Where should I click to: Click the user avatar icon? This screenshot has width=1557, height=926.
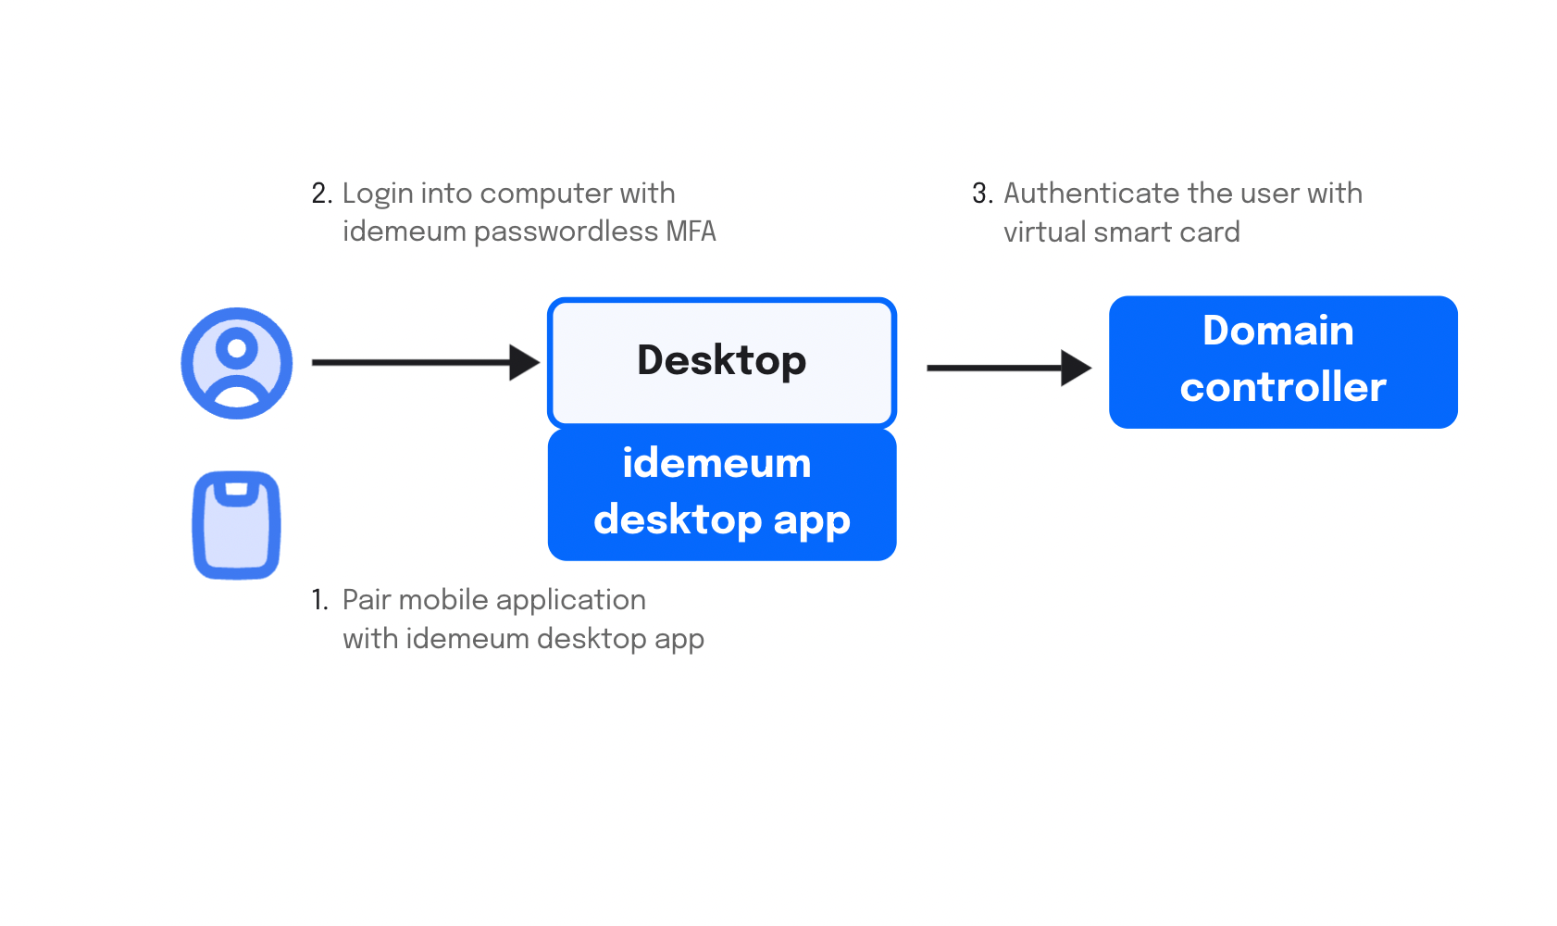[236, 363]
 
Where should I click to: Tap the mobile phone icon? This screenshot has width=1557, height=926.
[236, 525]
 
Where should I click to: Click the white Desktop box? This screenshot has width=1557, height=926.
[721, 362]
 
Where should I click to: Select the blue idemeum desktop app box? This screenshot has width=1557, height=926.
[721, 494]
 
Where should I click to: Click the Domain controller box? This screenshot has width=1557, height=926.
[1283, 361]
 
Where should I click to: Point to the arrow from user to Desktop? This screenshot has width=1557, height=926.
[426, 362]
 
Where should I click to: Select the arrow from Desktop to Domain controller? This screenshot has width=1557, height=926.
[1009, 368]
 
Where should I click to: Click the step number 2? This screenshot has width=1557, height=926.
[322, 194]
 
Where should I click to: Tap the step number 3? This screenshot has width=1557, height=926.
[982, 194]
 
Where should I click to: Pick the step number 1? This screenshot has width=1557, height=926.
[319, 599]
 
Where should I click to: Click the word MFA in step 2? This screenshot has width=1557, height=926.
[691, 231]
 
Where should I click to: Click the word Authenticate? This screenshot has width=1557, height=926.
[1091, 194]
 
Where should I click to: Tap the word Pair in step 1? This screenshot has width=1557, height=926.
[367, 600]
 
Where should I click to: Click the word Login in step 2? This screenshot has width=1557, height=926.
[378, 194]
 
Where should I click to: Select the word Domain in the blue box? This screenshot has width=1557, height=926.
[1278, 331]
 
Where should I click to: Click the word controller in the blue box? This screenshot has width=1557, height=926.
[1283, 386]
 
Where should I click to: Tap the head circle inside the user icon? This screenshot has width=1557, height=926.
[236, 347]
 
